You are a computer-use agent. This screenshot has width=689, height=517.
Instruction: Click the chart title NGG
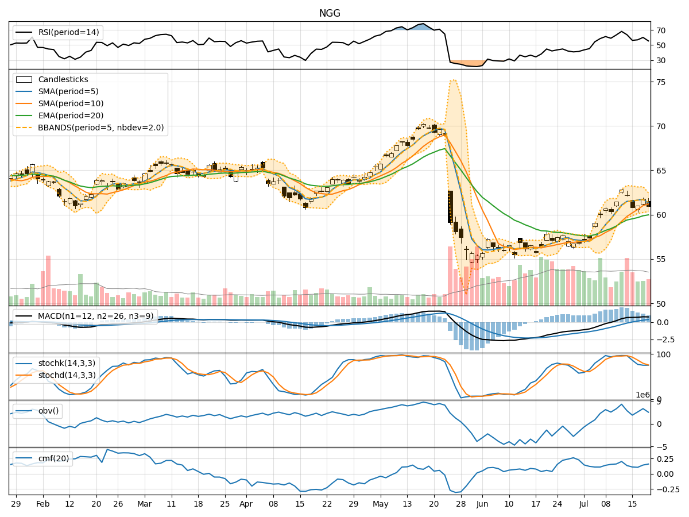pyautogui.click(x=330, y=13)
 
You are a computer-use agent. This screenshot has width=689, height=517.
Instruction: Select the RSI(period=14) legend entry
pyautogui.click(x=68, y=32)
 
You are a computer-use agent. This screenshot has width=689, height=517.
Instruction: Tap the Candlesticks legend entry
pyautogui.click(x=63, y=79)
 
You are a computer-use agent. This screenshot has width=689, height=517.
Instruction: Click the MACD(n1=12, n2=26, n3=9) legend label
pyautogui.click(x=95, y=316)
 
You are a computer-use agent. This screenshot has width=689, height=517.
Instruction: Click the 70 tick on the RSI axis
pyautogui.click(x=661, y=30)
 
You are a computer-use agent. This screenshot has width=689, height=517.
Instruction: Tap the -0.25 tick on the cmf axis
pyautogui.click(x=665, y=489)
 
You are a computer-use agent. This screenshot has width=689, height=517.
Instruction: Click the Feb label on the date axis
pyautogui.click(x=42, y=503)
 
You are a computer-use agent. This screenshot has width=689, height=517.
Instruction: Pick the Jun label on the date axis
pyautogui.click(x=482, y=503)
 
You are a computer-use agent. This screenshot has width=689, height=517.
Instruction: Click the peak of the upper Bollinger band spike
pyautogui.click(x=453, y=80)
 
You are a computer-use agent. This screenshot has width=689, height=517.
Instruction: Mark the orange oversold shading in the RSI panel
pyautogui.click(x=466, y=63)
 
